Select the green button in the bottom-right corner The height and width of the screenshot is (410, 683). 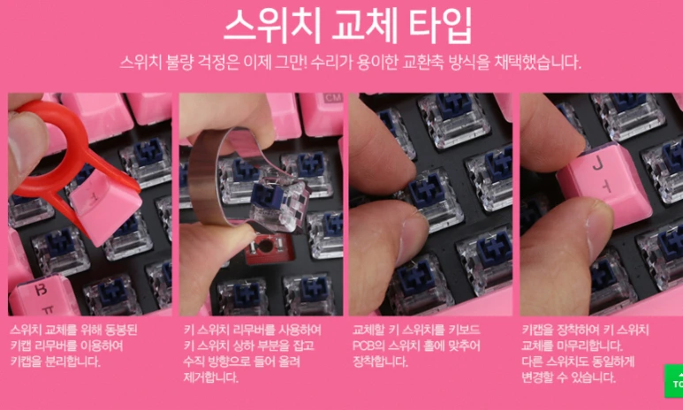pos(674,381)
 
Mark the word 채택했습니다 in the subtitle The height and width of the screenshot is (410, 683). pos(535,64)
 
